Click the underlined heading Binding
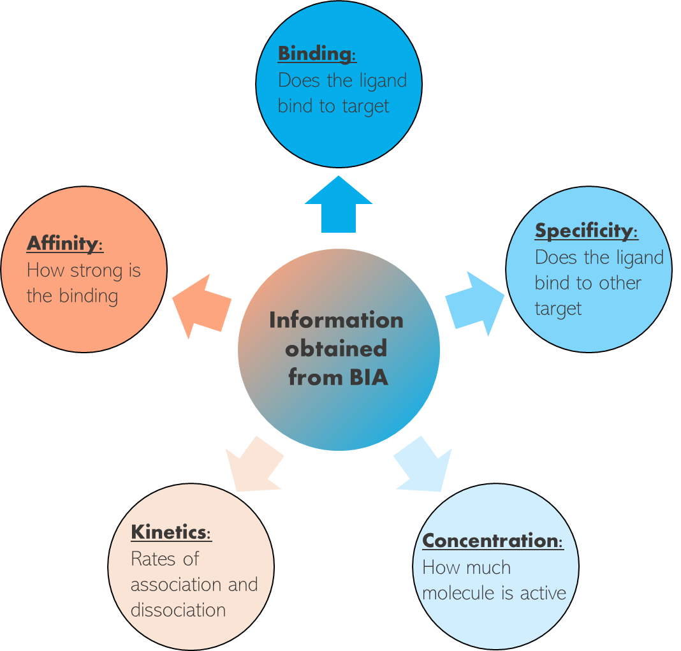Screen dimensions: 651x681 pyautogui.click(x=316, y=54)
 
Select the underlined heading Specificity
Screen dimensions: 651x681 pyautogui.click(x=585, y=231)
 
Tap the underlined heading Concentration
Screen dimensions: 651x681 pyautogui.click(x=491, y=541)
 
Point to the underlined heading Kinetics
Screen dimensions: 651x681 pyautogui.click(x=170, y=532)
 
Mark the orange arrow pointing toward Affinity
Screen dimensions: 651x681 pyautogui.click(x=202, y=305)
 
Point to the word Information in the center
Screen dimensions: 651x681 pyautogui.click(x=336, y=319)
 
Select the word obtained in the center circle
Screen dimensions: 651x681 pyautogui.click(x=336, y=348)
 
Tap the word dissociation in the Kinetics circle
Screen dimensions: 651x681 pyautogui.click(x=178, y=610)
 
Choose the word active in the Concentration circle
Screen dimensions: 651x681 pyautogui.click(x=543, y=593)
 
